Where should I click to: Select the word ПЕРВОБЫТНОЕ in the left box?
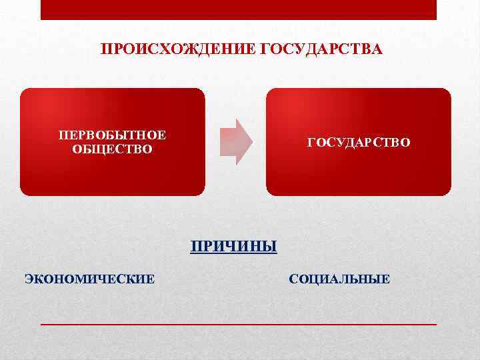112,135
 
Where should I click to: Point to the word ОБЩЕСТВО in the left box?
112,149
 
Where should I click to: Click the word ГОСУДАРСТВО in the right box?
359,143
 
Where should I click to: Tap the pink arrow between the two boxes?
236,141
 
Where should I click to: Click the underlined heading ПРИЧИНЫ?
233,247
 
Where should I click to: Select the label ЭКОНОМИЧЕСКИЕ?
89,279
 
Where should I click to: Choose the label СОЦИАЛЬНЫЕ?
339,279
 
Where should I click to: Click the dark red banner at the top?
239,9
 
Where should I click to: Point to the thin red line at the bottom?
239,323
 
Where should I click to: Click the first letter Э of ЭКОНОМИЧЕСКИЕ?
29,279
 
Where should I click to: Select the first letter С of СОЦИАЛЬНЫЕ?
293,279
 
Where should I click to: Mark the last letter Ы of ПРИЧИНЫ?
269,247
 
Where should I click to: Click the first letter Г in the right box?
310,143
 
